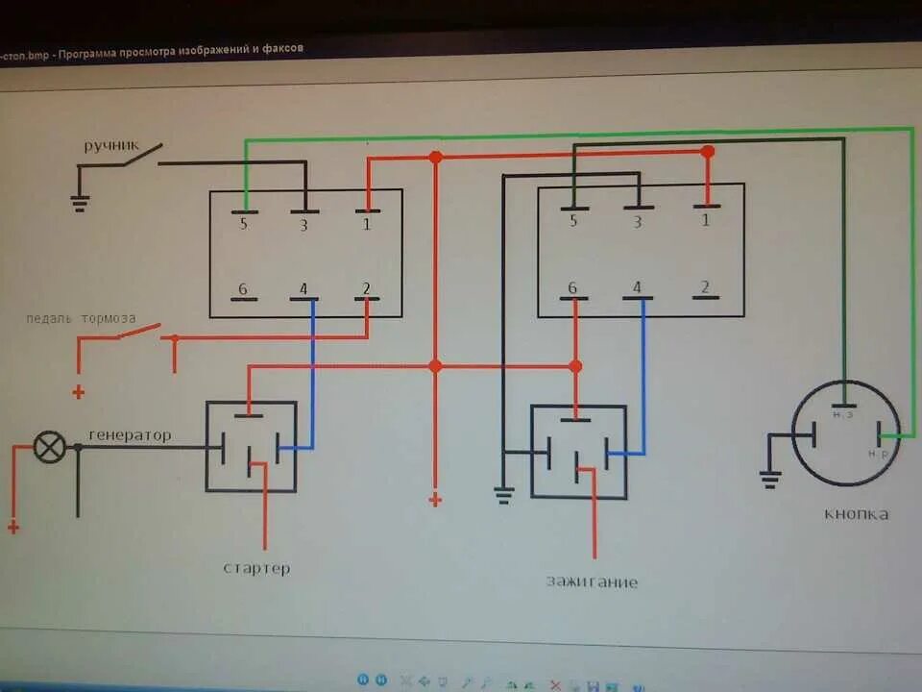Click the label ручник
pyautogui.click(x=110, y=146)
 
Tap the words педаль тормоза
pyautogui.click(x=81, y=318)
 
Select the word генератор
pyautogui.click(x=130, y=435)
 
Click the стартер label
pyautogui.click(x=256, y=568)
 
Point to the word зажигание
pyautogui.click(x=592, y=581)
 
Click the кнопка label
pyautogui.click(x=856, y=513)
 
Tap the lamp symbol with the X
pyautogui.click(x=50, y=447)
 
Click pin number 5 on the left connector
pyautogui.click(x=243, y=225)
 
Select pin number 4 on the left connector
pyautogui.click(x=303, y=288)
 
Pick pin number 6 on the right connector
pyautogui.click(x=573, y=287)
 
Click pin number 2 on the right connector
pyautogui.click(x=705, y=286)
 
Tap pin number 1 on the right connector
pyautogui.click(x=706, y=220)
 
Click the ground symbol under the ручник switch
pyautogui.click(x=80, y=201)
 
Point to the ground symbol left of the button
pyautogui.click(x=769, y=478)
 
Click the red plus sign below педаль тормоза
pyautogui.click(x=78, y=392)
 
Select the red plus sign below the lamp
pyautogui.click(x=12, y=526)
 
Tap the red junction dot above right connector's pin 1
pyautogui.click(x=708, y=152)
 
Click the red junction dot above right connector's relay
pyautogui.click(x=575, y=366)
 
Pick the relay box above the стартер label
pyautogui.click(x=251, y=446)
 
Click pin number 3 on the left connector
pyautogui.click(x=303, y=225)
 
